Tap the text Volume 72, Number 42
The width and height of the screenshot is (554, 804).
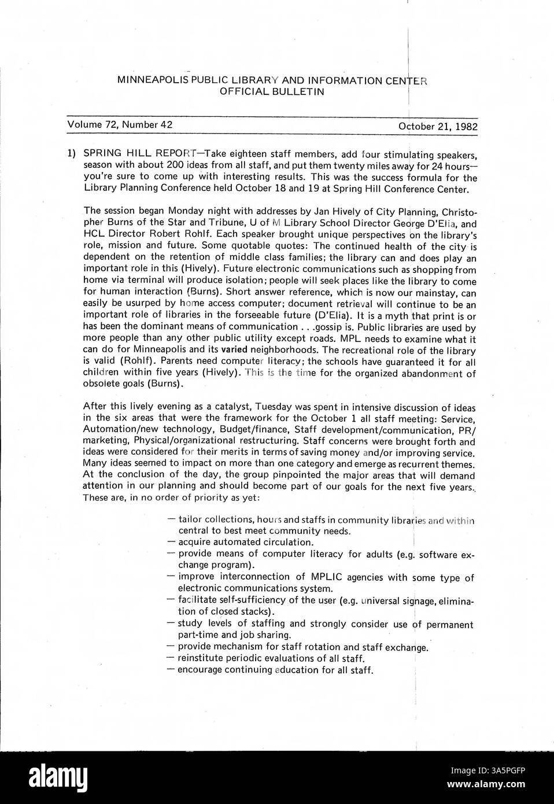tap(120, 124)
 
